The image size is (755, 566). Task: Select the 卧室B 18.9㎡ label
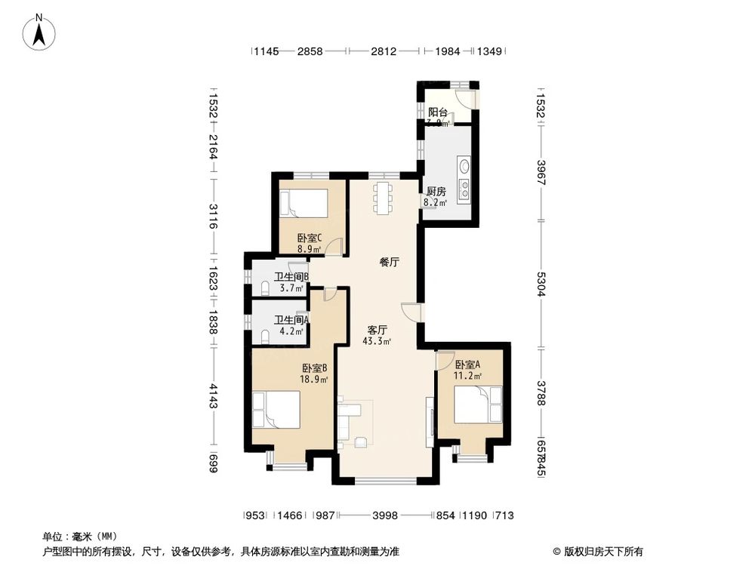[x=314, y=374]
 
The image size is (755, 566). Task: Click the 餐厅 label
[x=389, y=263]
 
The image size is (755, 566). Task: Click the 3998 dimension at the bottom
[x=385, y=515]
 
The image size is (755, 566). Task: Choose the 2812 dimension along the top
[x=384, y=51]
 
